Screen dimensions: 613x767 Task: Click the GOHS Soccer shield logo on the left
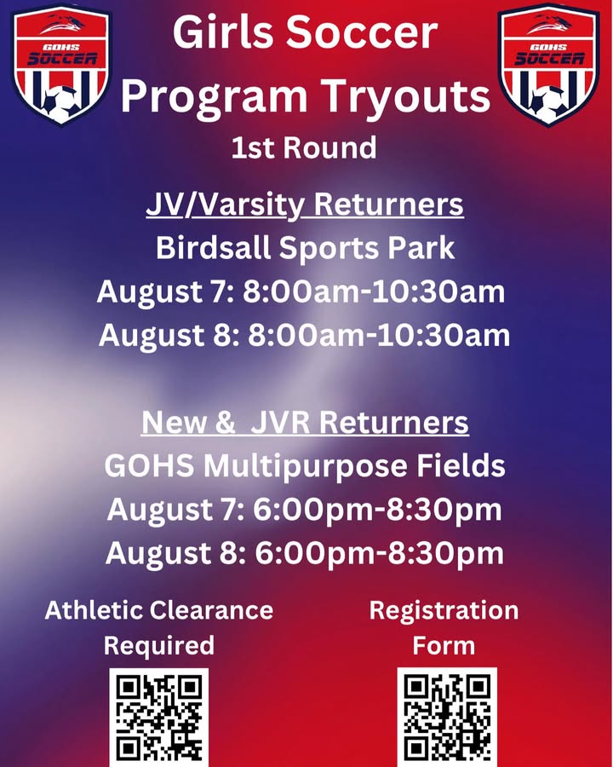pos(61,65)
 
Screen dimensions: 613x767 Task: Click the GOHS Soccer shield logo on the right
pos(549,65)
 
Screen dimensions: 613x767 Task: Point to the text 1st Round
pos(304,147)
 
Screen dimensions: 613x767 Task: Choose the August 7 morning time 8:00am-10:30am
pos(374,292)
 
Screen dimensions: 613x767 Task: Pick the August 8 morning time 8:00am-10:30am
pos(379,336)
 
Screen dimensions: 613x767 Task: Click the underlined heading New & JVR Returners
pos(305,422)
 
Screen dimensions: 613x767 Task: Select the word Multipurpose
pos(305,466)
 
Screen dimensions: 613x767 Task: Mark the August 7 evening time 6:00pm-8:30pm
pos(377,510)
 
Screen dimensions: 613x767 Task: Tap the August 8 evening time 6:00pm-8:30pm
pos(380,553)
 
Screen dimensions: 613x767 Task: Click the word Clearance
pos(211,610)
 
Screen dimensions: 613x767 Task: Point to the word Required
pos(159,646)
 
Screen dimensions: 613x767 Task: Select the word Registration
pos(444,610)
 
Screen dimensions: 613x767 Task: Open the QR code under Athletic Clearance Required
pos(159,717)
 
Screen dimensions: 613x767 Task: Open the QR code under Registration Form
pos(447,717)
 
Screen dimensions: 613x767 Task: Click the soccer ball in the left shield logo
pos(59,104)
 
